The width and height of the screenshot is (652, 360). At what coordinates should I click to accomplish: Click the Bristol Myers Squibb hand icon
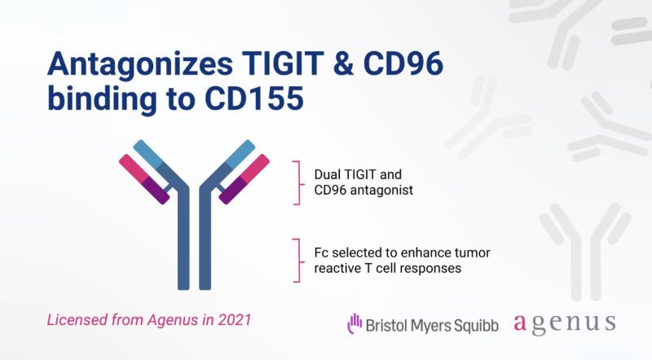355,323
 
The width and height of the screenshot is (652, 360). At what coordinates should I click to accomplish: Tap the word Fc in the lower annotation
321,249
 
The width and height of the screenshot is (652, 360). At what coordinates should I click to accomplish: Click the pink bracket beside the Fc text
293,258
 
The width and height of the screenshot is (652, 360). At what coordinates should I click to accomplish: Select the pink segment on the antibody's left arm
131,165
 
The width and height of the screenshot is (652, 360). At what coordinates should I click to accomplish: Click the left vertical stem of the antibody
183,244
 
